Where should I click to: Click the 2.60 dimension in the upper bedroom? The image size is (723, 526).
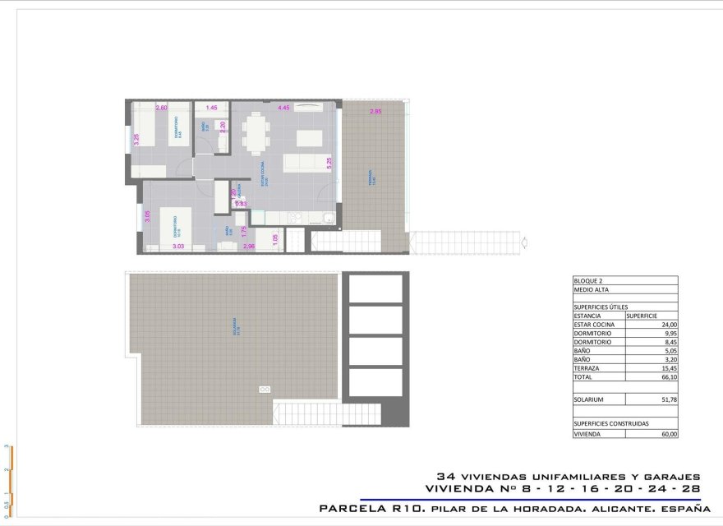pos(162,108)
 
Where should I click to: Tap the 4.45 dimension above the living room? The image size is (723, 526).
pos(284,108)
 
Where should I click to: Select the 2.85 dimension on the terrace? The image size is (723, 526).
pos(376,112)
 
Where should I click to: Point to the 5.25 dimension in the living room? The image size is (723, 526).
pos(329,162)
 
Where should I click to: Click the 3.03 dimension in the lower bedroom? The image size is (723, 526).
pos(177,246)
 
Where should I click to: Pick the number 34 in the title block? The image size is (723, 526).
pos(446,476)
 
